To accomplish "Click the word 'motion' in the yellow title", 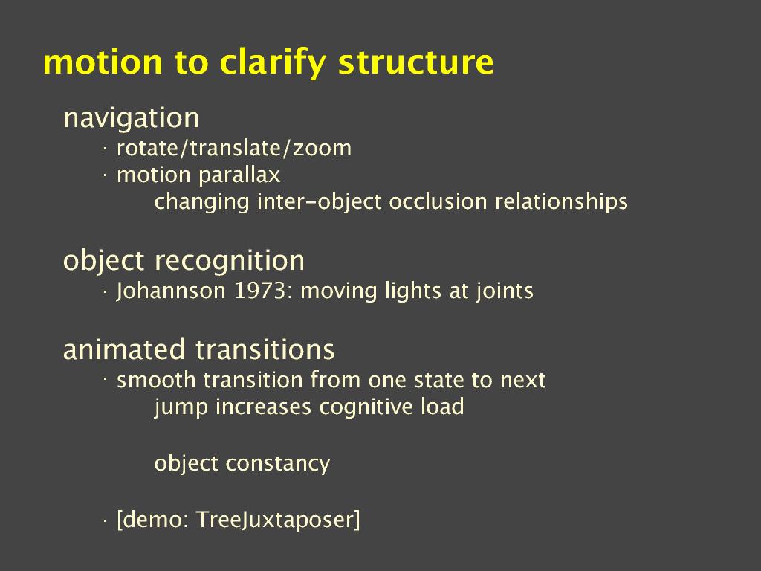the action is pyautogui.click(x=103, y=62).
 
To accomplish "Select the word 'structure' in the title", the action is pyautogui.click(x=416, y=62).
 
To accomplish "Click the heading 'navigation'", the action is pyautogui.click(x=131, y=118).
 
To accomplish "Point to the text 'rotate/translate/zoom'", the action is pyautogui.click(x=234, y=149).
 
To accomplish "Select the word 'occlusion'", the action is pyautogui.click(x=438, y=201).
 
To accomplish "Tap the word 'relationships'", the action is pyautogui.click(x=561, y=202).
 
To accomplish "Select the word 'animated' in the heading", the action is pyautogui.click(x=124, y=349).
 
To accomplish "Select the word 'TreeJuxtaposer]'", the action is pyautogui.click(x=278, y=520).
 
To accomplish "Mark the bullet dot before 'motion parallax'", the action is pyautogui.click(x=105, y=177).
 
